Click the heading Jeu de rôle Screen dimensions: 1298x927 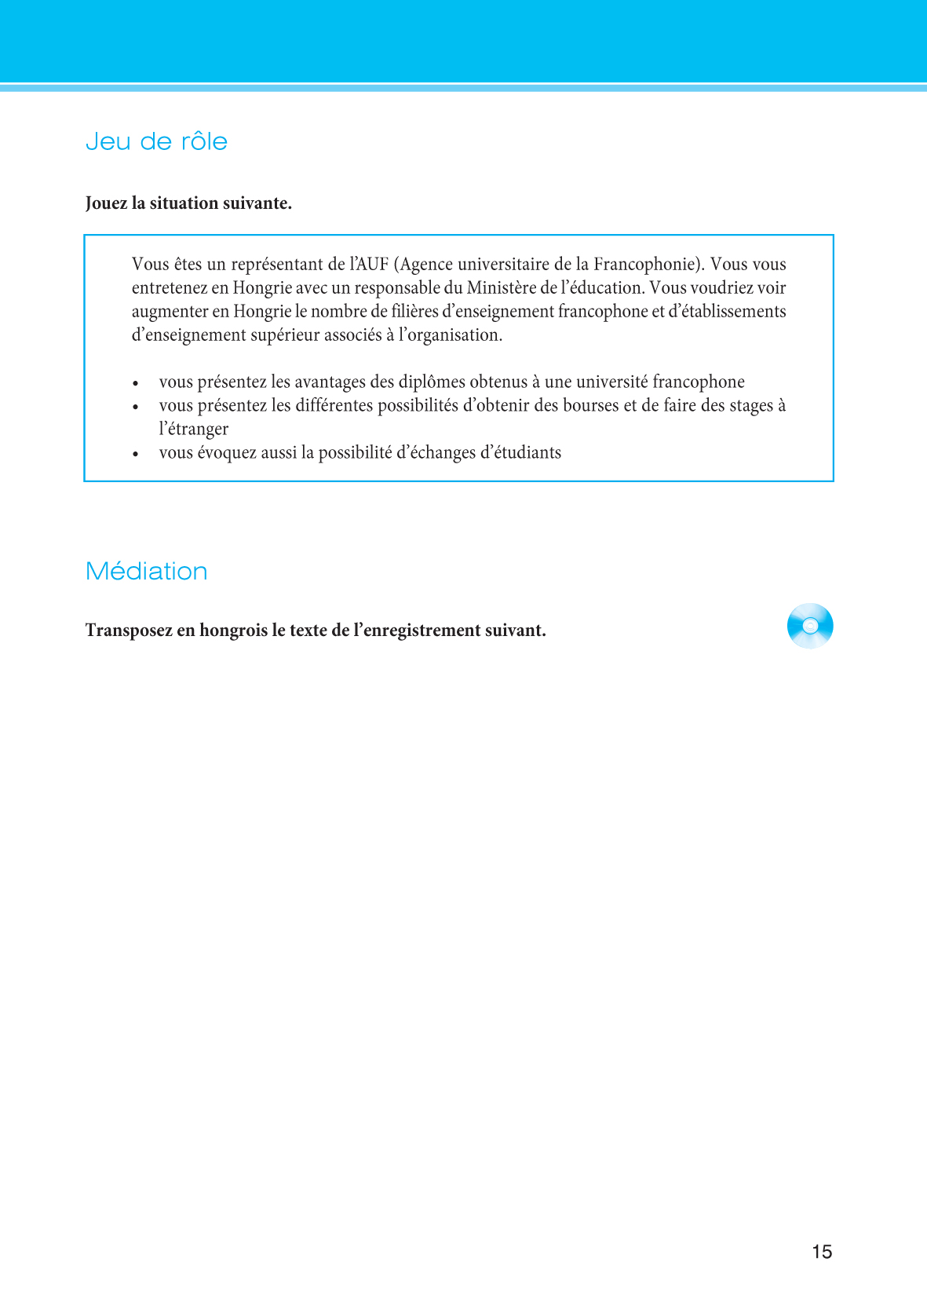156,142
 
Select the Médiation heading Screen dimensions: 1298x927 146,571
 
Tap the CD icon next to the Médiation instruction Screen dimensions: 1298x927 810,626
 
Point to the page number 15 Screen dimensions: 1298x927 822,1252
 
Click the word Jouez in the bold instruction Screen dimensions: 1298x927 106,203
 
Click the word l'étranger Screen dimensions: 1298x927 194,430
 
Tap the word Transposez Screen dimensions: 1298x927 128,631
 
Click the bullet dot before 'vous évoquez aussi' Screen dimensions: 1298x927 136,454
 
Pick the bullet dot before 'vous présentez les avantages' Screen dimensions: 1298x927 136,383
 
